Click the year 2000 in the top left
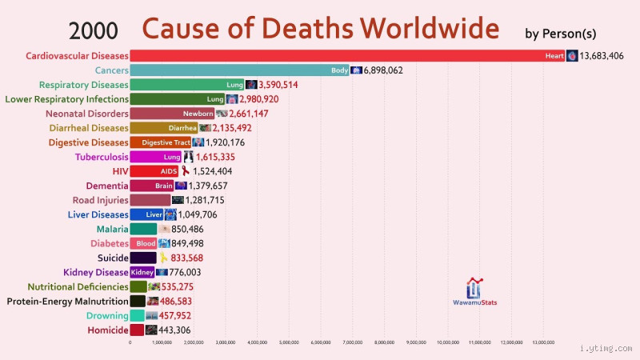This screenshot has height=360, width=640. (x=94, y=30)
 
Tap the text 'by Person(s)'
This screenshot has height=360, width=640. (x=560, y=34)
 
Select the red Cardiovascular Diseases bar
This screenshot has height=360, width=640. (x=344, y=56)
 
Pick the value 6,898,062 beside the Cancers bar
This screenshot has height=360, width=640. (x=394, y=70)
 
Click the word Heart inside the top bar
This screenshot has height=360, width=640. (x=554, y=56)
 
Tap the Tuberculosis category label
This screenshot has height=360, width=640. (x=102, y=157)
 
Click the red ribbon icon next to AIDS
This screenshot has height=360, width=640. (x=186, y=171)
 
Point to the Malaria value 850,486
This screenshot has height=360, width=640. (x=192, y=229)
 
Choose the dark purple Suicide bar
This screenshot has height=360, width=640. (x=143, y=258)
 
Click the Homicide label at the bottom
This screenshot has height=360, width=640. (x=108, y=330)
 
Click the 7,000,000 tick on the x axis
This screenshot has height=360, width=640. (x=353, y=342)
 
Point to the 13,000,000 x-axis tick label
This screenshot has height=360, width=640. (x=544, y=342)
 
